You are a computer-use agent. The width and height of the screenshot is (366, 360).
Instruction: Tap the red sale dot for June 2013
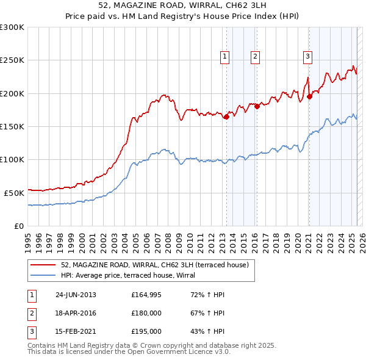226,117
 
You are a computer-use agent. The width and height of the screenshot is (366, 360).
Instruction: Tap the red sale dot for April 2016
257,107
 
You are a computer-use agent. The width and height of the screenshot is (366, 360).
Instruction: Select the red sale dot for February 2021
309,96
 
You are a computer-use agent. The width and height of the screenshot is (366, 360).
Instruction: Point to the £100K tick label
12,159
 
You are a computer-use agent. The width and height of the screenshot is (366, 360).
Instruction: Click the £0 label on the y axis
18,226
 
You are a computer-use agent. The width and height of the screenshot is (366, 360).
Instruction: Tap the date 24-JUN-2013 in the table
76,295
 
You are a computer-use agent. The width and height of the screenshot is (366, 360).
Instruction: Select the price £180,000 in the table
146,314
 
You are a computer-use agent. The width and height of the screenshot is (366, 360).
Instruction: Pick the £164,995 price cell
146,295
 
